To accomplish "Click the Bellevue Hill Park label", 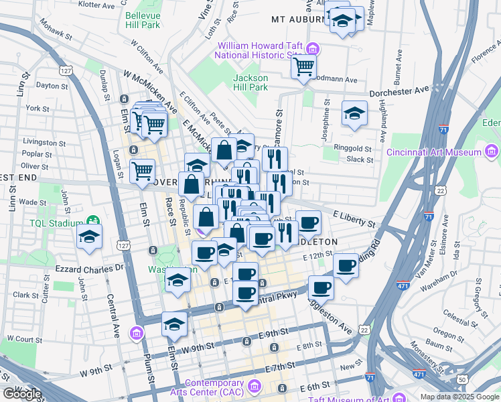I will [x=142, y=19].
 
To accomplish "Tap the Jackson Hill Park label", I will [x=250, y=82].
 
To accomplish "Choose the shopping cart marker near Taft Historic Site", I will [x=303, y=67].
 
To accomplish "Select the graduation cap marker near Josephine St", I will [x=354, y=113].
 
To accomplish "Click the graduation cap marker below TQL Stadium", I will [x=88, y=237].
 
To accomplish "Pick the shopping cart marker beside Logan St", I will [x=142, y=171].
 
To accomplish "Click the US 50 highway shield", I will [x=462, y=379].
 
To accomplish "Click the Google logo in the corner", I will [x=21, y=394].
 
